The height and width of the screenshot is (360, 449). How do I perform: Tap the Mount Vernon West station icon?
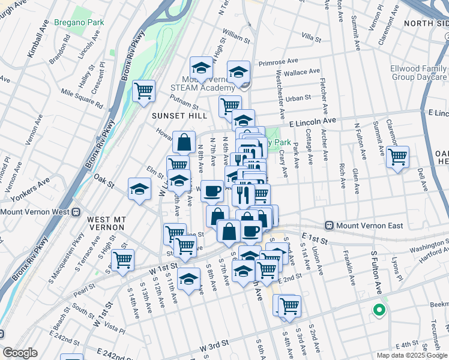click(76, 212)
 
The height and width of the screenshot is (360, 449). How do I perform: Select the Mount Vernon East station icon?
click(329, 226)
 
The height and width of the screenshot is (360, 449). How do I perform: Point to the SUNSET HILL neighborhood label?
click(179, 115)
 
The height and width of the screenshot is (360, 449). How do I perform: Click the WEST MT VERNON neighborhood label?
click(106, 223)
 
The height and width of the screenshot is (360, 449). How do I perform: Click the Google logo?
click(20, 353)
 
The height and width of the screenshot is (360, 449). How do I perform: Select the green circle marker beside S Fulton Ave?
click(378, 310)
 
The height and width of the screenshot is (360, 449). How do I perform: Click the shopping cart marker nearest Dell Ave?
click(397, 157)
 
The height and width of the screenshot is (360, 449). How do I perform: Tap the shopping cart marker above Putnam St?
click(143, 91)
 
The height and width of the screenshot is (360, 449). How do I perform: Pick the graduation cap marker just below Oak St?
click(139, 189)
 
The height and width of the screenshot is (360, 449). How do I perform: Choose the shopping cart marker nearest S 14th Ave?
click(122, 260)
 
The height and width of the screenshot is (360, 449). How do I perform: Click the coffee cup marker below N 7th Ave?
click(212, 191)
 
